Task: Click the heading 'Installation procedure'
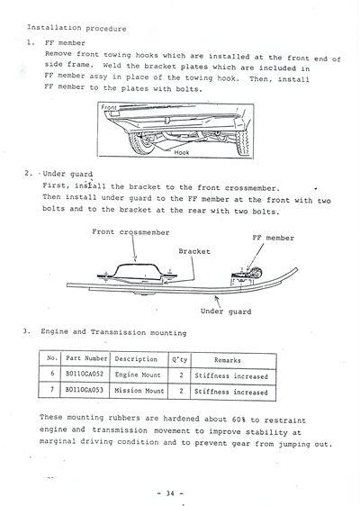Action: pyautogui.click(x=76, y=28)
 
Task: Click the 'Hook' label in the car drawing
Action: pyautogui.click(x=182, y=152)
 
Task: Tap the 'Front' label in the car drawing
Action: pyautogui.click(x=109, y=107)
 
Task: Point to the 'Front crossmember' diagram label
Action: pyautogui.click(x=130, y=232)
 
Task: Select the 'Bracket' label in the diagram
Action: pyautogui.click(x=194, y=251)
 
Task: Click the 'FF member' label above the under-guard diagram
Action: pyautogui.click(x=274, y=238)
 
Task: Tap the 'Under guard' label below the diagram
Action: pyautogui.click(x=226, y=312)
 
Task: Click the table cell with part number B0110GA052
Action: pyautogui.click(x=85, y=374)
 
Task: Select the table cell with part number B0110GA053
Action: pyautogui.click(x=85, y=390)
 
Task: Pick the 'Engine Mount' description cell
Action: pyautogui.click(x=138, y=375)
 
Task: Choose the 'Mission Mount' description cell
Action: pyautogui.click(x=139, y=391)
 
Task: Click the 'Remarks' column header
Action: pyautogui.click(x=228, y=360)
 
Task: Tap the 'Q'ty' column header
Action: pyautogui.click(x=179, y=359)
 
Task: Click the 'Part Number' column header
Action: pyautogui.click(x=86, y=358)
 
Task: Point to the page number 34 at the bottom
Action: pyautogui.click(x=170, y=493)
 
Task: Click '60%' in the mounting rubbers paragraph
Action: pyautogui.click(x=238, y=420)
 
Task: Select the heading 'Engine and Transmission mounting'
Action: pyautogui.click(x=113, y=332)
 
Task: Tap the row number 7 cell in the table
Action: pyautogui.click(x=52, y=390)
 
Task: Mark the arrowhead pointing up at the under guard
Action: pyautogui.click(x=217, y=298)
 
